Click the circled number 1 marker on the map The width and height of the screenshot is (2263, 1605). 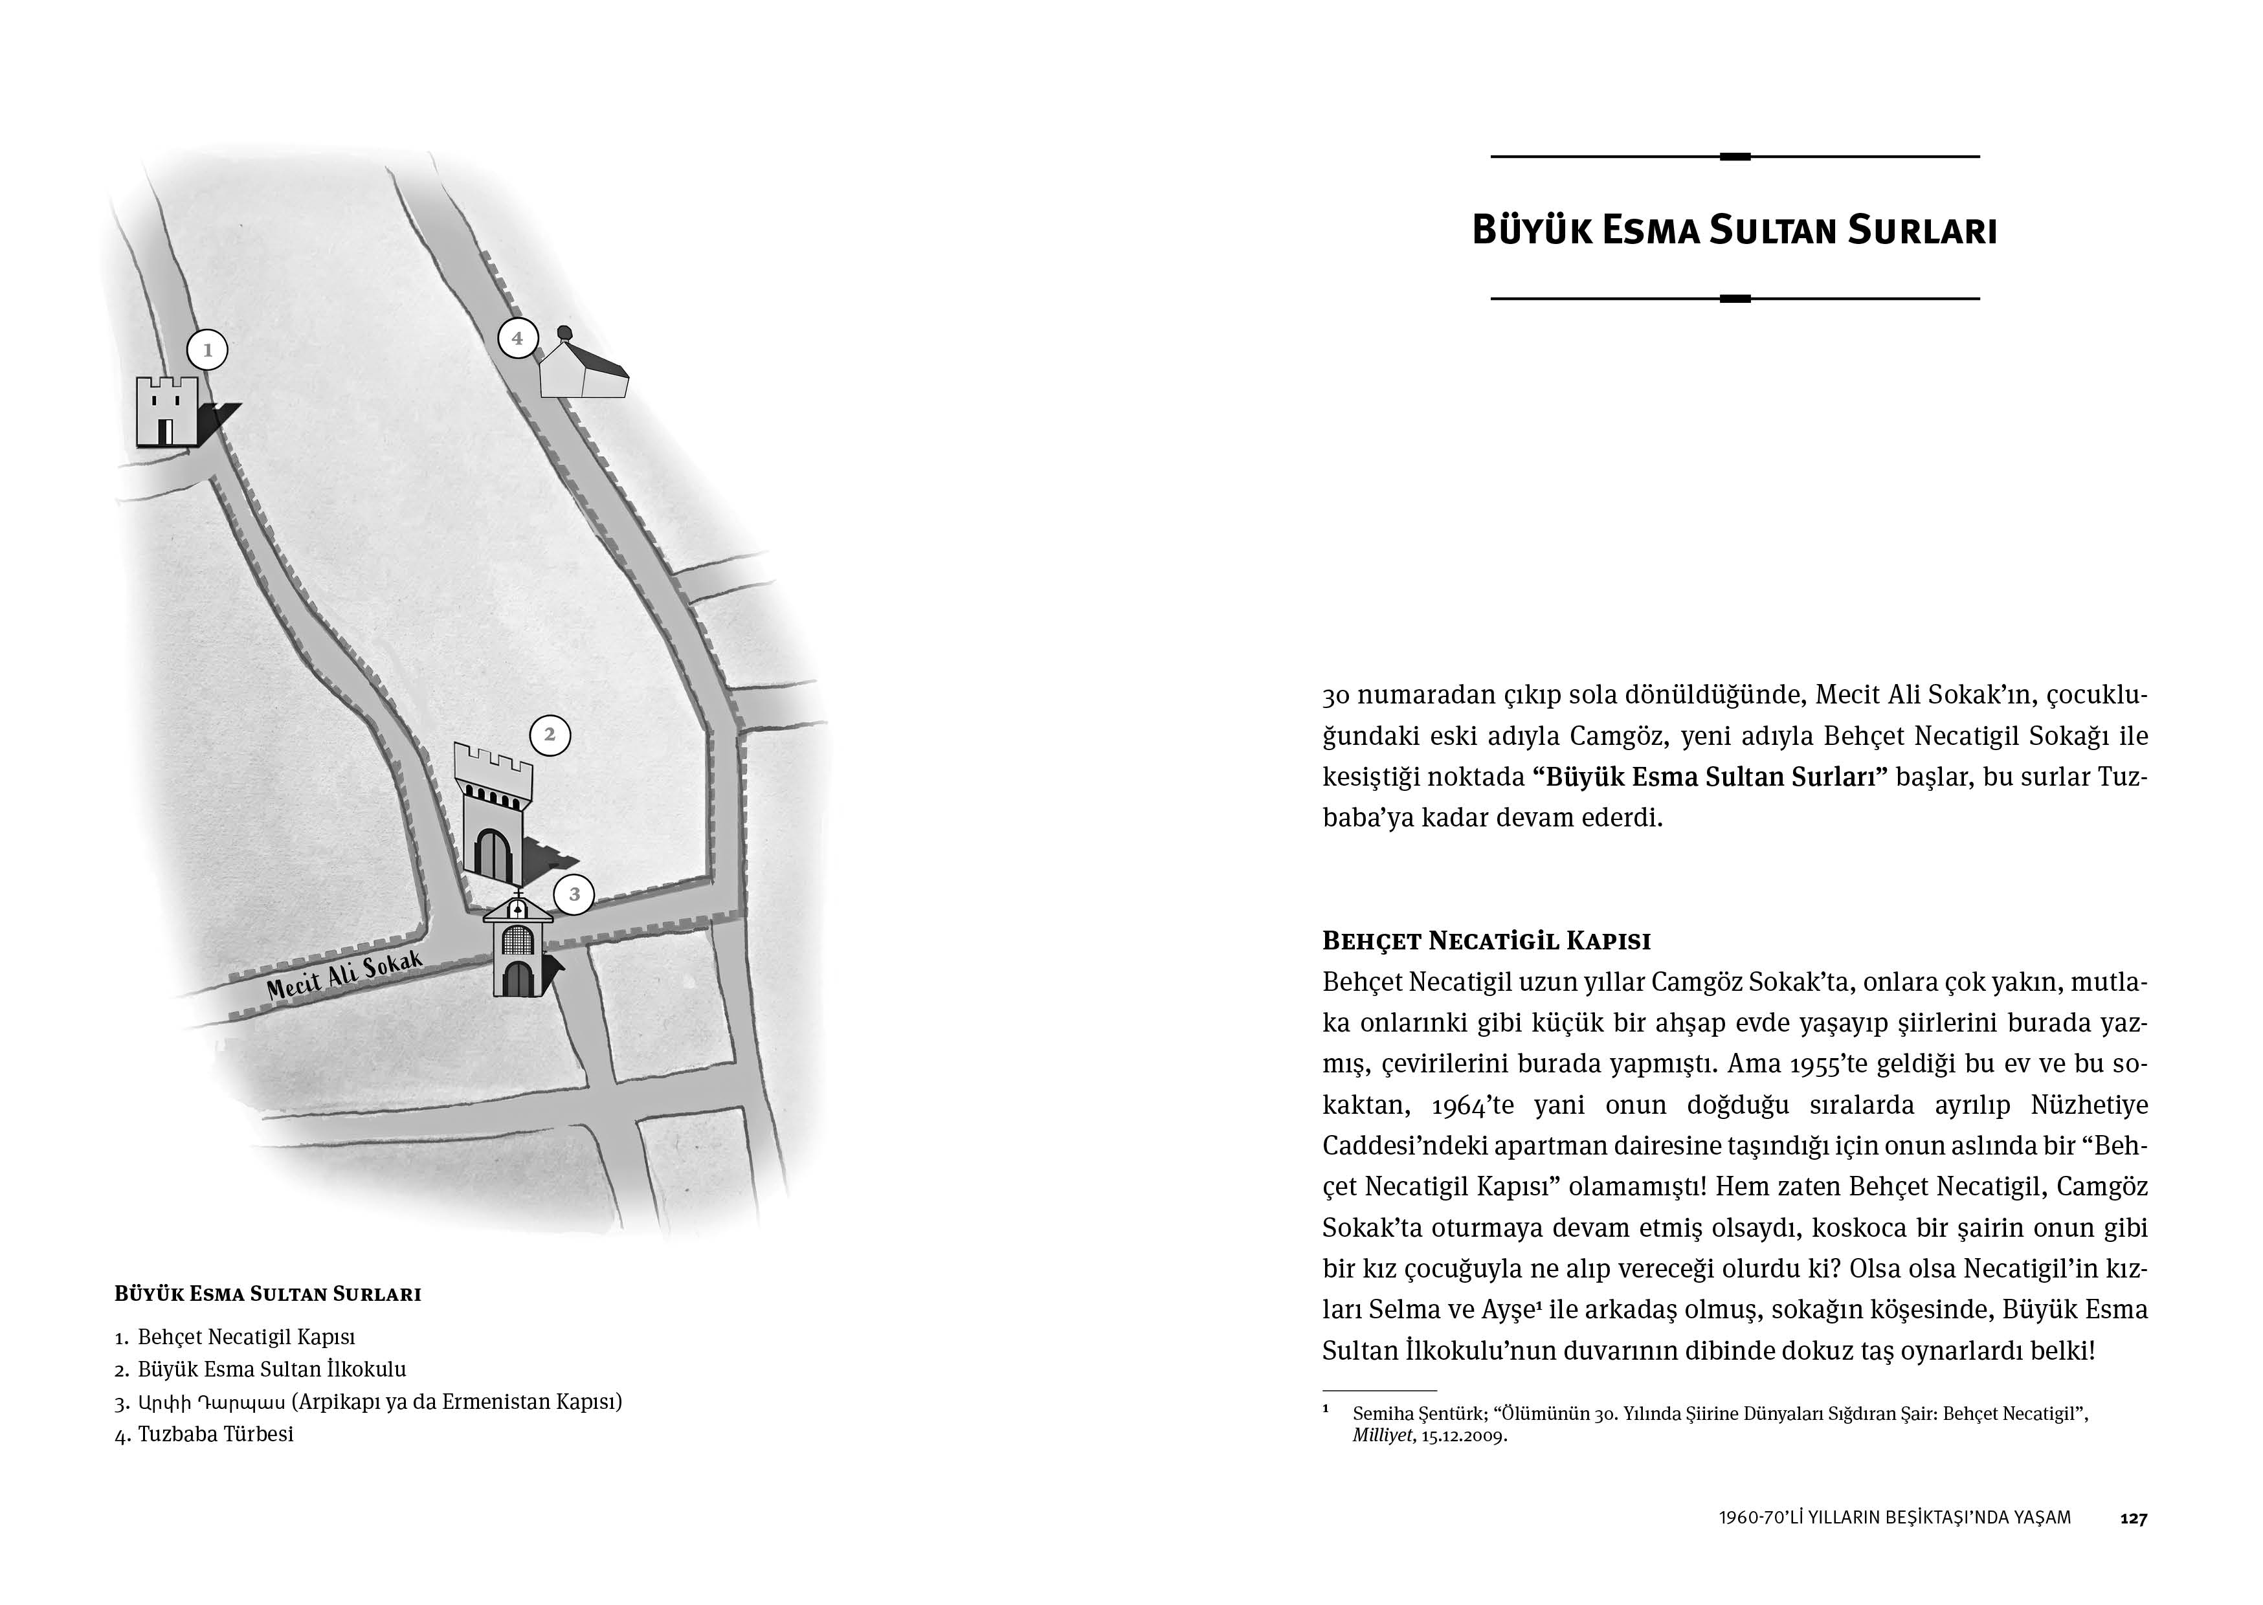coord(208,350)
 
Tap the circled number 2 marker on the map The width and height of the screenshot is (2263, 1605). coord(550,735)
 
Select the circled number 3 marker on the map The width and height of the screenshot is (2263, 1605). coord(574,896)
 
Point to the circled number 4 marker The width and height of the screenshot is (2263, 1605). coord(517,338)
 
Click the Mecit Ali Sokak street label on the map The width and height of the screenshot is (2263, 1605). coord(345,977)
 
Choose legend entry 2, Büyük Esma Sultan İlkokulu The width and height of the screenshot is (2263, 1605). coord(272,1370)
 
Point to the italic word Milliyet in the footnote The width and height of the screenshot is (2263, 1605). coord(1383,1436)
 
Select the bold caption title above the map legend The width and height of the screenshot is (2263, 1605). coord(268,1294)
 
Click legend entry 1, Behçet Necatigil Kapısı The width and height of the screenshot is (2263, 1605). coord(246,1337)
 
